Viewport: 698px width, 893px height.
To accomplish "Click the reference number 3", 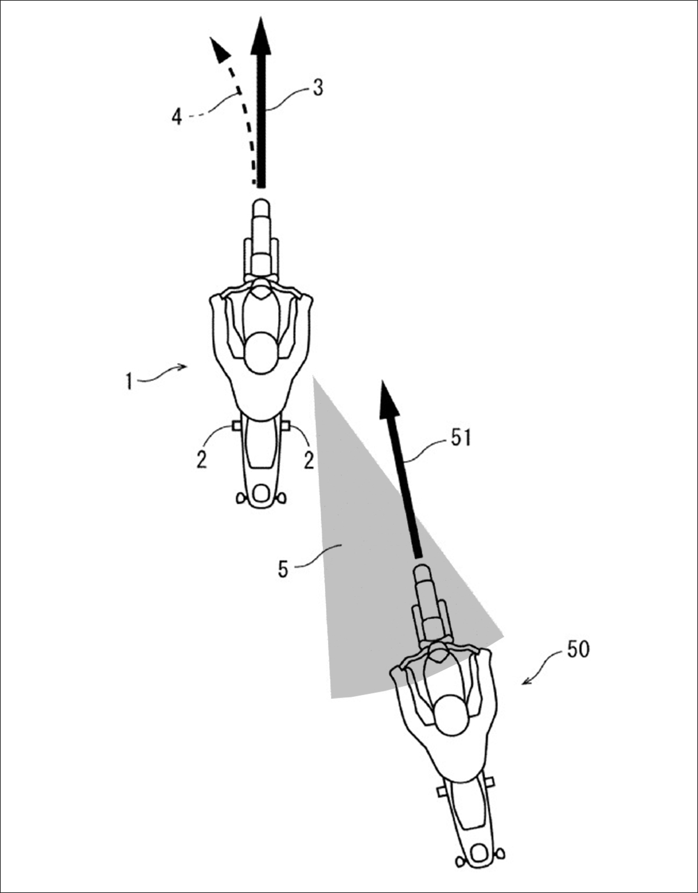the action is (318, 89).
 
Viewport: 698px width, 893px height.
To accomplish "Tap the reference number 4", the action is (177, 117).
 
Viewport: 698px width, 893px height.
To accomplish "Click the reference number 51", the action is (460, 438).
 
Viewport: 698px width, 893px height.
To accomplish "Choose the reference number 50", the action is (578, 649).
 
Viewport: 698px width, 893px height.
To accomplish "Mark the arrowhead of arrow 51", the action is (389, 400).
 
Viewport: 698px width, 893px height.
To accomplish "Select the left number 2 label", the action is (201, 460).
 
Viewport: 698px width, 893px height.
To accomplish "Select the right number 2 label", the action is (309, 461).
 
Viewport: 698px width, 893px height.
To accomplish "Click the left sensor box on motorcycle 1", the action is (237, 426).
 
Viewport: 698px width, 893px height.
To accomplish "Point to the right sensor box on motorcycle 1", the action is (286, 425).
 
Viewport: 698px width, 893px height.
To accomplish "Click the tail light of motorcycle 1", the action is (261, 493).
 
